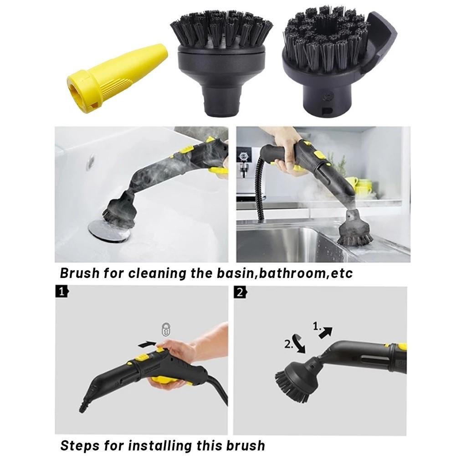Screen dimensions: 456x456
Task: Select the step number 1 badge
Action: point(62,292)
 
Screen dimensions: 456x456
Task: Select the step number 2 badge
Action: point(240,292)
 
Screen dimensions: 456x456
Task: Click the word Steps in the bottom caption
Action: point(80,445)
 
